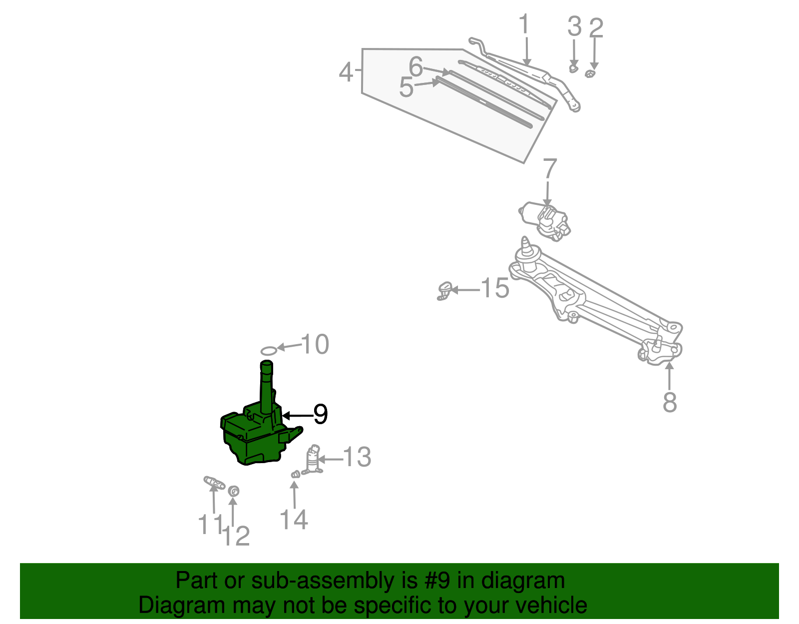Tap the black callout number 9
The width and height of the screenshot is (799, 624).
(x=320, y=414)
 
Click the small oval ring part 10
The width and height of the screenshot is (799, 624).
(x=269, y=351)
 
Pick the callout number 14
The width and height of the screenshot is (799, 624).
(x=294, y=520)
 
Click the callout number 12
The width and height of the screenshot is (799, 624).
(x=236, y=537)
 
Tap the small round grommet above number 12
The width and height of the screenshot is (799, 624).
(x=233, y=491)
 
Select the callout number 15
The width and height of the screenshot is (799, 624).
(x=495, y=288)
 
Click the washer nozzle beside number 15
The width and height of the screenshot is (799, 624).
(x=444, y=291)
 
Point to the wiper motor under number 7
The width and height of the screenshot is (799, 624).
(x=545, y=220)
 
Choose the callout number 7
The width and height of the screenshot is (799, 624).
(x=550, y=168)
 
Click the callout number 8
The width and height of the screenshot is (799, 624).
(x=670, y=402)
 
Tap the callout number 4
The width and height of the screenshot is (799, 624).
(x=346, y=72)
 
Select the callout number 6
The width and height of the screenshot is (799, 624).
(x=416, y=66)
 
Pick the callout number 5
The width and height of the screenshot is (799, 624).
(x=406, y=88)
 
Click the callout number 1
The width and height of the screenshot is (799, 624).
(x=524, y=24)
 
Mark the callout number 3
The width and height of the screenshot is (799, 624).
(x=575, y=26)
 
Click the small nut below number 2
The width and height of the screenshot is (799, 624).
(x=590, y=74)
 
